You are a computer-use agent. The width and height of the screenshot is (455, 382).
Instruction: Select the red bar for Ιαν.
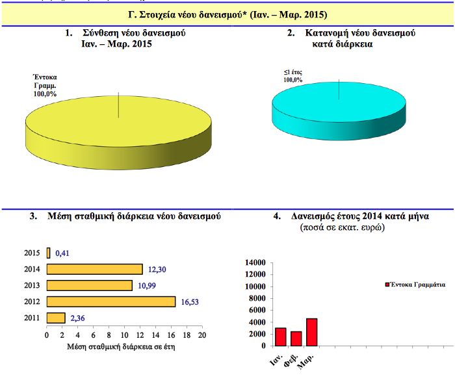coord(281,337)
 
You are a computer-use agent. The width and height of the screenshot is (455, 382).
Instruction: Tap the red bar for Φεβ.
coord(296,339)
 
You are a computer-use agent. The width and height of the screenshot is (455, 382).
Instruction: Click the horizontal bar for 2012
coord(111,301)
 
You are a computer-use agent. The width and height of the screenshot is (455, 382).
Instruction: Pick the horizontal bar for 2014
coord(95,269)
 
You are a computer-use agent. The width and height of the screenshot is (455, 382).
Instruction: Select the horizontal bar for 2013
coord(90,285)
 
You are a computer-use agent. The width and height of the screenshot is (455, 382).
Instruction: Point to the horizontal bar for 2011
coord(56,318)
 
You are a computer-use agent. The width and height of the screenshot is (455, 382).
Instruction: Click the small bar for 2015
coord(48,253)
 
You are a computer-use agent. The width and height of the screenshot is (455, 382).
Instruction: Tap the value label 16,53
coord(190,301)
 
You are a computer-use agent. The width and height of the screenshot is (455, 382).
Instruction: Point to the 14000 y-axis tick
coord(254,262)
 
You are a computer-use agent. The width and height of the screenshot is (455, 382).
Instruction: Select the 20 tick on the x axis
coord(201,335)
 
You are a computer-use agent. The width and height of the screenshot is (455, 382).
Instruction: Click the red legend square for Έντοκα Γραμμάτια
coord(387,285)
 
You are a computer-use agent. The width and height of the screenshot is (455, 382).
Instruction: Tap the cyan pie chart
coord(339,105)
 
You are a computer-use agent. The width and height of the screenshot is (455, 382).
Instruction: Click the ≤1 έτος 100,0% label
coord(292,75)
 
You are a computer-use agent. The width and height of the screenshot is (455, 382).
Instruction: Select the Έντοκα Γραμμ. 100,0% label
coord(45,85)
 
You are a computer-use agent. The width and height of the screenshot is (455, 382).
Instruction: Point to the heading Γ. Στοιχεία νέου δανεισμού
coord(227,14)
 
